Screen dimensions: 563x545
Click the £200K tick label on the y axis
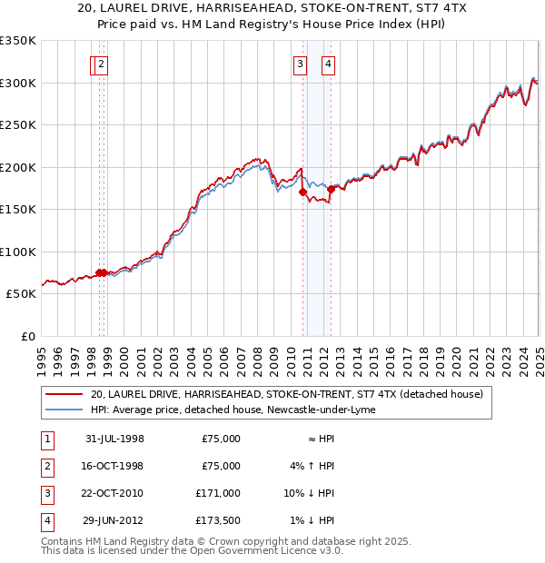[17, 167]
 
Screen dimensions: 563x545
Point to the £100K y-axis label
[17, 252]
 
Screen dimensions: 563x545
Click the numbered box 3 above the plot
[299, 64]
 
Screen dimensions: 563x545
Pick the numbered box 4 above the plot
[327, 64]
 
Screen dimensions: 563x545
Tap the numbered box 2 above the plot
[101, 64]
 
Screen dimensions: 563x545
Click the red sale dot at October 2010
[302, 192]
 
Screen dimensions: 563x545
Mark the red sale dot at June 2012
[331, 190]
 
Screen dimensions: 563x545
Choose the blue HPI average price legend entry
[233, 410]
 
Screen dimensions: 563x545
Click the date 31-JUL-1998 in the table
[114, 439]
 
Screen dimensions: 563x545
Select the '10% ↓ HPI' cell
[310, 493]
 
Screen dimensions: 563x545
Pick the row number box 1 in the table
[45, 439]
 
